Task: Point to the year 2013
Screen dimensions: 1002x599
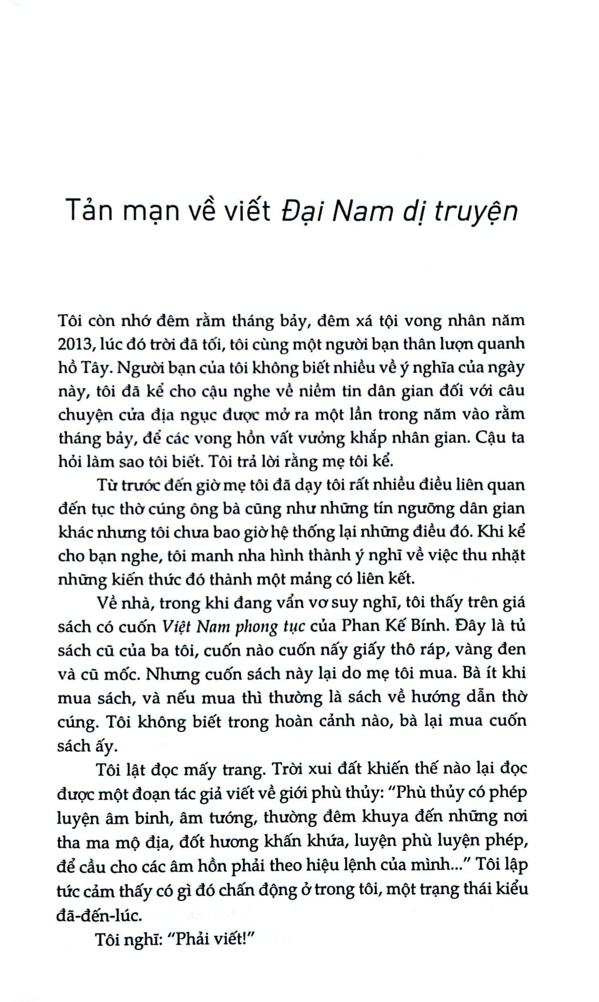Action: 76,344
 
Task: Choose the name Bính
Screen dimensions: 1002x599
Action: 427,626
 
